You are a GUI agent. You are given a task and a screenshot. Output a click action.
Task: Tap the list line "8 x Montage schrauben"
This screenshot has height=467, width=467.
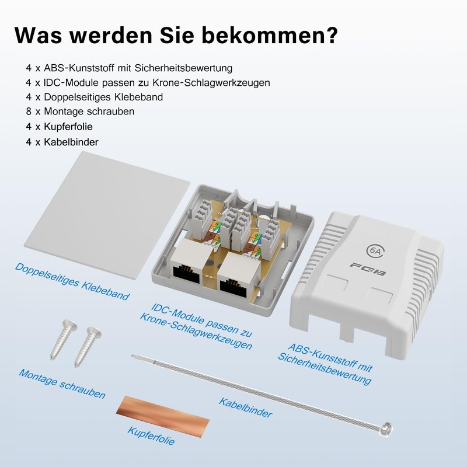click(81, 111)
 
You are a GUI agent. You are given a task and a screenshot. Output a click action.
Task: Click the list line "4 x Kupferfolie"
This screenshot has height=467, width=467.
click(60, 126)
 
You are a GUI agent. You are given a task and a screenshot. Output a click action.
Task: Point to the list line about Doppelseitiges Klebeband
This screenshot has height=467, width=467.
click(95, 96)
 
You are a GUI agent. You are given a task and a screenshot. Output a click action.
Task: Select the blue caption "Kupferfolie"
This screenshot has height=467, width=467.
click(151, 434)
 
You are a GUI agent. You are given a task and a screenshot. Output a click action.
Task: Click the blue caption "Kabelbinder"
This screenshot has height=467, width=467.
click(245, 407)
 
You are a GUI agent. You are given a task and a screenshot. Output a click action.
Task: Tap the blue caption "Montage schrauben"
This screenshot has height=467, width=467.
click(62, 384)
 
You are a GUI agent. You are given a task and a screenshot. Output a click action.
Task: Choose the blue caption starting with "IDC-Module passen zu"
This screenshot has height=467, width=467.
click(196, 326)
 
